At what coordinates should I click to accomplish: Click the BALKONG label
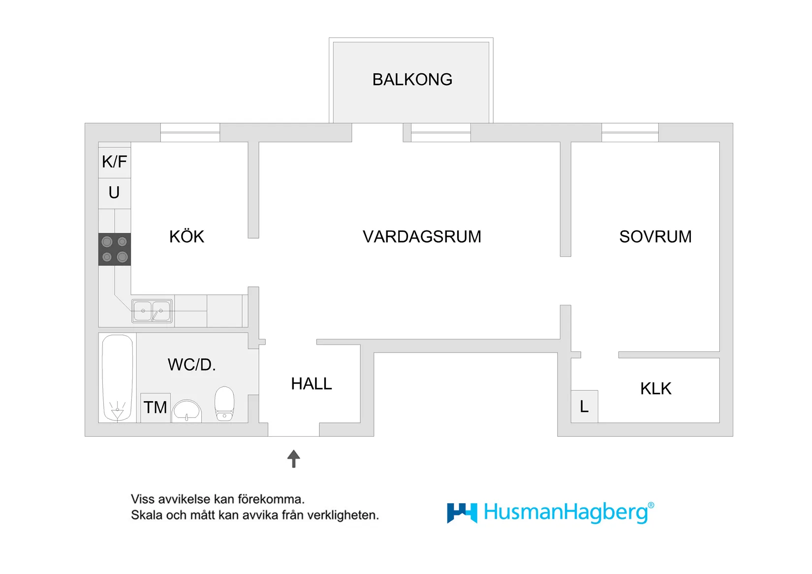click(412, 79)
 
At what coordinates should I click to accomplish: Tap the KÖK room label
click(187, 236)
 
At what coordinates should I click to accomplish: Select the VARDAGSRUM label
click(422, 236)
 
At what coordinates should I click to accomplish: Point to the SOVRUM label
click(656, 236)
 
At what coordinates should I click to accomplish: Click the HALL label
click(312, 383)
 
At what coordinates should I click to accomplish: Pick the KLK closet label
click(656, 389)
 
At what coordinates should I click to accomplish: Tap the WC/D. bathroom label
click(192, 365)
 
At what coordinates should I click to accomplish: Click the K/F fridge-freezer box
click(115, 160)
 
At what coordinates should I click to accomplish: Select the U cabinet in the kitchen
click(115, 193)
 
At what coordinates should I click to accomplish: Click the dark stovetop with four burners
click(115, 249)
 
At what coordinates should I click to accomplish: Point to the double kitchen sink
click(152, 311)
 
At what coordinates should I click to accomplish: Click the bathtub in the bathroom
click(118, 378)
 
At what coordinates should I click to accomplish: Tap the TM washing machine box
click(156, 408)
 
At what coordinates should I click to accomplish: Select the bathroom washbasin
click(187, 411)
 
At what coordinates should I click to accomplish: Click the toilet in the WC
click(224, 404)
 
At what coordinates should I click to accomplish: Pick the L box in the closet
click(584, 407)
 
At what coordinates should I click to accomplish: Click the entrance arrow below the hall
click(294, 459)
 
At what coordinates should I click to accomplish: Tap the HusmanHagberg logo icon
click(462, 513)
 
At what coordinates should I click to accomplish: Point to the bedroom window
click(630, 133)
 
